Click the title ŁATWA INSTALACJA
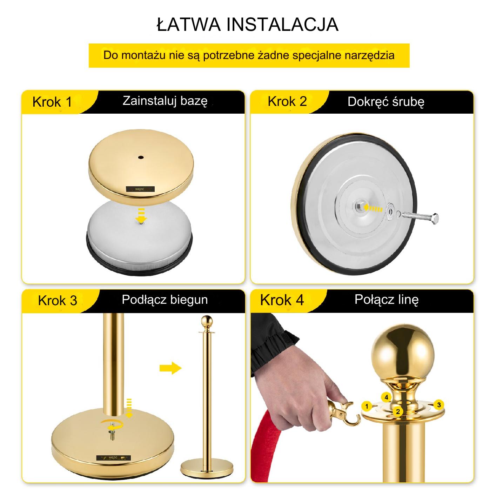point(248,25)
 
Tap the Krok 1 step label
point(52,102)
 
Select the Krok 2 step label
point(287,101)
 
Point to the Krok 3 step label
point(58,301)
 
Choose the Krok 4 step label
point(282,300)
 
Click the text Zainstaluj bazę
point(165,101)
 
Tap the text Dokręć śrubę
point(386,102)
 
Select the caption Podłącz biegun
point(165,300)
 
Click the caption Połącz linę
point(387,300)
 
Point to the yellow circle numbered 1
point(367,407)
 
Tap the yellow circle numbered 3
point(439,405)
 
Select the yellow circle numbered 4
point(386,397)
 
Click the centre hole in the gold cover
point(141,157)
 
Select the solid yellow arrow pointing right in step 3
point(170,368)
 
